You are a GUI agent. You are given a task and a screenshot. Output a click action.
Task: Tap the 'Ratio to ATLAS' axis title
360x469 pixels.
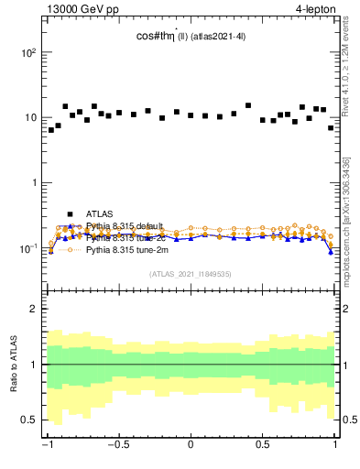tap(13, 365)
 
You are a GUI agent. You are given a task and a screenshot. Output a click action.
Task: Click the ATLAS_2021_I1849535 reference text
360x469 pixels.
tap(190, 273)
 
